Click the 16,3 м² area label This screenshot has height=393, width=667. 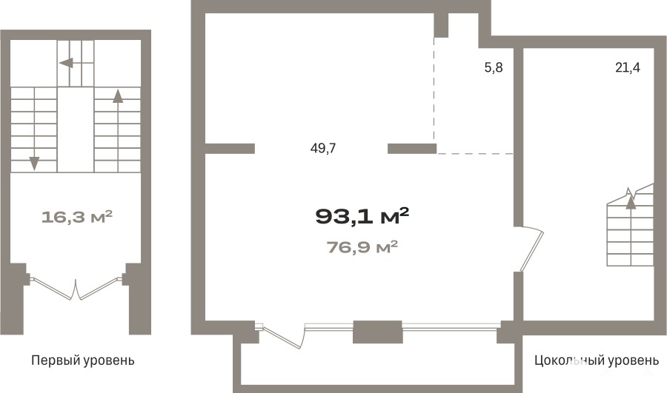click(77, 217)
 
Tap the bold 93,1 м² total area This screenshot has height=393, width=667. click(362, 216)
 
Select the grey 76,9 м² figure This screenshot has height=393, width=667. click(362, 247)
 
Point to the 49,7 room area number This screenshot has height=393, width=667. click(323, 148)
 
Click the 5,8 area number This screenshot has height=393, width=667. click(494, 67)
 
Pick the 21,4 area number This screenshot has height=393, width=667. click(628, 67)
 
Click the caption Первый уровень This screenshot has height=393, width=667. click(83, 360)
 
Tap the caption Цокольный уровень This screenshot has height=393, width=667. click(597, 360)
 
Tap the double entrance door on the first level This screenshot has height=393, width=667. click(76, 289)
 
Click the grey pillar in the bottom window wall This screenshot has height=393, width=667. click(378, 332)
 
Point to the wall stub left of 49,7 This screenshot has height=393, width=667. click(230, 148)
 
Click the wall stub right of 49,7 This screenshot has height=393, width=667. click(412, 148)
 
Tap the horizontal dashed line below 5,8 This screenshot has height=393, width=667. click(476, 153)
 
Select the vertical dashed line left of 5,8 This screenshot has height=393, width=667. click(434, 90)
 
